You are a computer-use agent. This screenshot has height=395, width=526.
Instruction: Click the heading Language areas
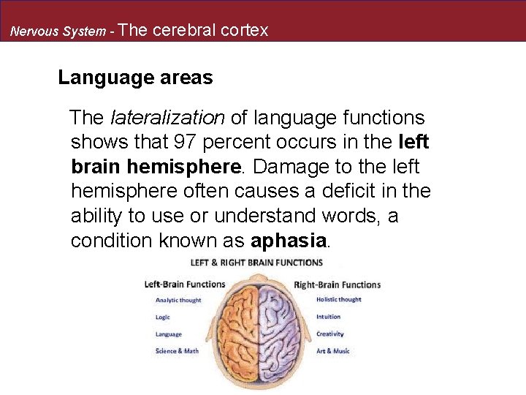tap(135, 78)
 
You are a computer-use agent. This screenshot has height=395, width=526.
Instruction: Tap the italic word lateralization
tap(167, 118)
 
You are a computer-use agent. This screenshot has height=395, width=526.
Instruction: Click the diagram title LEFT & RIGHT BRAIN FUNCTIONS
tap(256, 262)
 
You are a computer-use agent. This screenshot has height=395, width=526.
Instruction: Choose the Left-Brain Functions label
tap(185, 285)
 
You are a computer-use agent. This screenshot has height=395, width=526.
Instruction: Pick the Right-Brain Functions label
tap(337, 285)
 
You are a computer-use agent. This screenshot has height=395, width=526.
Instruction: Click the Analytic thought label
tap(178, 300)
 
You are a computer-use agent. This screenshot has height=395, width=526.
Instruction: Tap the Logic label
tap(163, 317)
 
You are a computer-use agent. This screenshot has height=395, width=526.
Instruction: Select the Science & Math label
tap(177, 351)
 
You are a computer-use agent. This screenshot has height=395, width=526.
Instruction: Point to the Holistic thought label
tap(338, 300)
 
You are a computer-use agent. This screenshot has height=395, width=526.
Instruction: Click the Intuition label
tap(328, 317)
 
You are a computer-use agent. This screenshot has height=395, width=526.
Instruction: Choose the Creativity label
tap(329, 334)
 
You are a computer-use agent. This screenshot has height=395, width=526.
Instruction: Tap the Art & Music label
tap(332, 351)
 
